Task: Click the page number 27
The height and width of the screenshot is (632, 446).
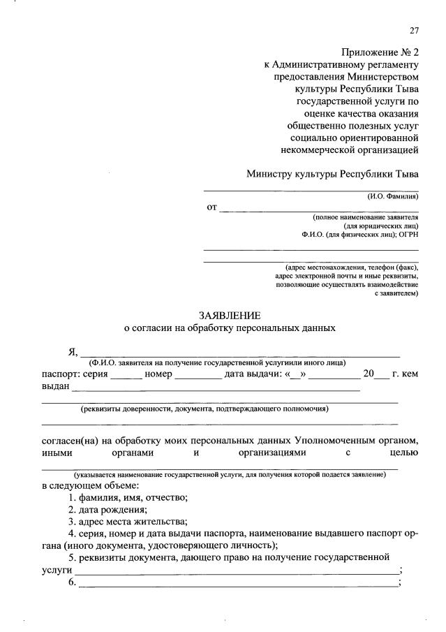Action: pos(414,30)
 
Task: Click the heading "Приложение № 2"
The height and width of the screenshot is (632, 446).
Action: pos(380,52)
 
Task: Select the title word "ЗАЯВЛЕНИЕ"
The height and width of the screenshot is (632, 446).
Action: pos(230,315)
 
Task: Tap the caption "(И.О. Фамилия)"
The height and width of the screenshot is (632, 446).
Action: pos(393,197)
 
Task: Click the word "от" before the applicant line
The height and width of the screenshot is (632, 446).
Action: pos(211,207)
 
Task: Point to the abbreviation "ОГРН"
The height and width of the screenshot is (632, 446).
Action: pos(406,235)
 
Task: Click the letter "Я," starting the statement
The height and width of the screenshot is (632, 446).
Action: pos(73,351)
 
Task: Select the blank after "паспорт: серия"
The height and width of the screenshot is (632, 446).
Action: pos(126,375)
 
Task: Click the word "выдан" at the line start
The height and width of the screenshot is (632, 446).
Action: pos(55,386)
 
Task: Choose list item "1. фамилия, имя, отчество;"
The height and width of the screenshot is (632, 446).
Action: pos(128,497)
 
